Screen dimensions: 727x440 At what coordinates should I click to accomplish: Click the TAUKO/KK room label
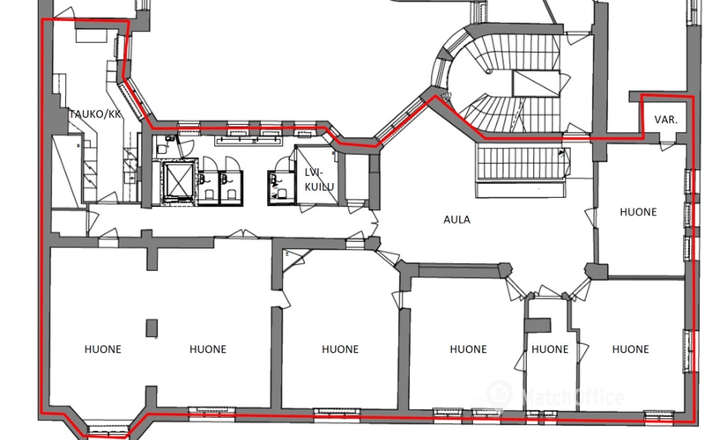coord(95,114)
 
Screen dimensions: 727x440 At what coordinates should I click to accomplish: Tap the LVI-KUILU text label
coord(319,180)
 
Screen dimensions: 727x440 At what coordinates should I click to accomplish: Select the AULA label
coord(456,219)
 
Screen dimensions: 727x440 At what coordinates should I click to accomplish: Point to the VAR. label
coord(666,120)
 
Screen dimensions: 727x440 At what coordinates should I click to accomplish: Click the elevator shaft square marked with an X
coord(179,181)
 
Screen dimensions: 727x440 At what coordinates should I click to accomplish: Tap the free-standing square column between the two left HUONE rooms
coord(152,328)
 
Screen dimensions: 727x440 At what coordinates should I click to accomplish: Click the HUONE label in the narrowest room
coord(550,348)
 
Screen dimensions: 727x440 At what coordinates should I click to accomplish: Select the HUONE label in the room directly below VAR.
coord(639,212)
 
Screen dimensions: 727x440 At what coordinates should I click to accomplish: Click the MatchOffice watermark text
coord(573,398)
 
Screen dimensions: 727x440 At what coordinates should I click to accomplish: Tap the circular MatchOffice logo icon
coord(500,394)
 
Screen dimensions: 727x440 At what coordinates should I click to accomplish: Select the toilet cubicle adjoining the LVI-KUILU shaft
coord(281,187)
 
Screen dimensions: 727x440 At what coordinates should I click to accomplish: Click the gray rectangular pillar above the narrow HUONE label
coord(538,325)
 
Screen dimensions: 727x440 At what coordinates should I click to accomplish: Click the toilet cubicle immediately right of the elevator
coord(208,187)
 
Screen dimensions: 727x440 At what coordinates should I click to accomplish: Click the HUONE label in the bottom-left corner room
coord(103,348)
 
